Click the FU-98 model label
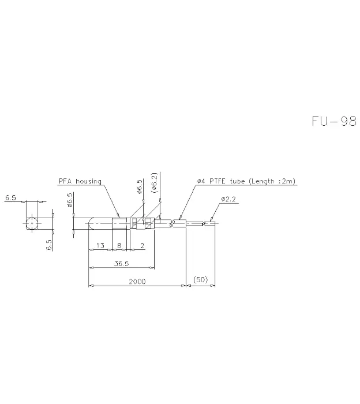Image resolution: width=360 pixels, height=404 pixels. (334, 121)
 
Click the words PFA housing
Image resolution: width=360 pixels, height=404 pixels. (80, 181)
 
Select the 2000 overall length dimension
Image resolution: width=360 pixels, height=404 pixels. (137, 282)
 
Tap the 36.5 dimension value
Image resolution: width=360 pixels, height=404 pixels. (121, 263)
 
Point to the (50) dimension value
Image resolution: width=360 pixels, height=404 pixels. (200, 279)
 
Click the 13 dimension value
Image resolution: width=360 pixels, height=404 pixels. (100, 245)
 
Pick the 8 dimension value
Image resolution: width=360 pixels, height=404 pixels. (119, 245)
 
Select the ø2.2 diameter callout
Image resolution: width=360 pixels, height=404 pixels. (228, 199)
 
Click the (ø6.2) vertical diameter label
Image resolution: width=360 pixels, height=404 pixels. (155, 183)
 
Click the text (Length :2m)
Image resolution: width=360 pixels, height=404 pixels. (272, 181)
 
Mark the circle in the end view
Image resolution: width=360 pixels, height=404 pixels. (32, 223)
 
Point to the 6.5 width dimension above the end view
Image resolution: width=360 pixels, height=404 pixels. (10, 197)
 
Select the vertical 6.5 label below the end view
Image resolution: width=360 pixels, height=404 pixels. (49, 245)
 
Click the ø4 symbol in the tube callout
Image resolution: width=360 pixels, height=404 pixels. (201, 181)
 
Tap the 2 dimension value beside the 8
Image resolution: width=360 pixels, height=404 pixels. (142, 245)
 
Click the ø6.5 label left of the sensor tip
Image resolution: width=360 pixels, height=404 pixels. (70, 200)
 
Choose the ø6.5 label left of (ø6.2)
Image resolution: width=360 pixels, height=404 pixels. (139, 187)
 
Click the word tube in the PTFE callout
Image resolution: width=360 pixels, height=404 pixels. (238, 181)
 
